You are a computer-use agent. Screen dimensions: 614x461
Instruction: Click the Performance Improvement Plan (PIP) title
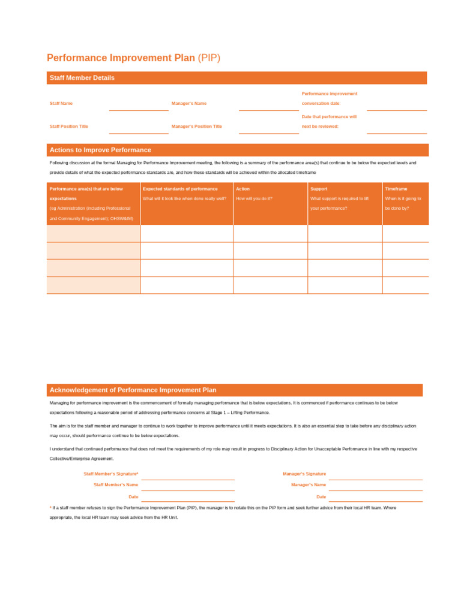133,58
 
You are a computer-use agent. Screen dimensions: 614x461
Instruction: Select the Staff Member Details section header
82,78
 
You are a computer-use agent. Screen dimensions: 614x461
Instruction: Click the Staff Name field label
61,103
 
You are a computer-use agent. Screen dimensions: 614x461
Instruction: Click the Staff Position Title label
69,127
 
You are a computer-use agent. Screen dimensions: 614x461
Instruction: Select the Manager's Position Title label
196,127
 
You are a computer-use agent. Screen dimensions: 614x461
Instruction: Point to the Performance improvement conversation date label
329,98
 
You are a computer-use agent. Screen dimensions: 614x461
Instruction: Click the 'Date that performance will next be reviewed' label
329,122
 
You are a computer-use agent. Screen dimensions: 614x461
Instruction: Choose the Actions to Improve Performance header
100,150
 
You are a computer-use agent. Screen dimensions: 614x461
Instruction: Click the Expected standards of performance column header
180,189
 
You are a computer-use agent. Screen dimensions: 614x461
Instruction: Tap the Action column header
243,189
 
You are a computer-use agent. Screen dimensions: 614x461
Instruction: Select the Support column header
319,189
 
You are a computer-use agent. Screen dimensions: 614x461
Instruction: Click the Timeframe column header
396,189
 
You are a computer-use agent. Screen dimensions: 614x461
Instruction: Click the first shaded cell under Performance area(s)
93,234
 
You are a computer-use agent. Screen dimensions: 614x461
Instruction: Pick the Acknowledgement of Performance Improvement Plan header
133,390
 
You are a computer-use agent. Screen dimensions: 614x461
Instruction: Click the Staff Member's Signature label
111,474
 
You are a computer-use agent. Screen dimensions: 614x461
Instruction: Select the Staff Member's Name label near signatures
116,484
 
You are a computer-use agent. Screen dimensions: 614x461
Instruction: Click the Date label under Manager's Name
321,496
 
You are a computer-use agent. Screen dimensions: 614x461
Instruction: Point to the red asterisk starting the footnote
50,507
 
